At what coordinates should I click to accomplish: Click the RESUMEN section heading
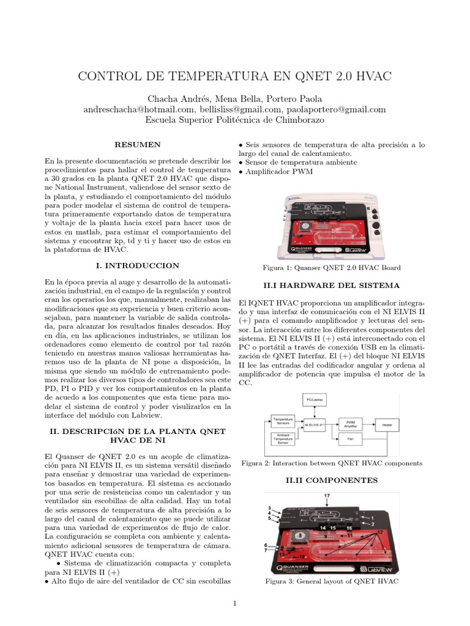coord(138,145)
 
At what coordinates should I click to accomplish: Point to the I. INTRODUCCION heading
coord(138,266)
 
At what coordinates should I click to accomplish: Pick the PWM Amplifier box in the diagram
coord(351,422)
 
